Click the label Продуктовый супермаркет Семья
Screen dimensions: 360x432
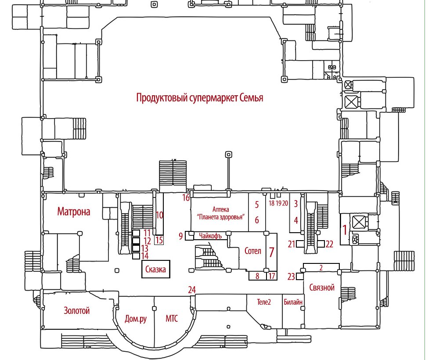[x=200, y=97]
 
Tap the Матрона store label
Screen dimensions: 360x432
[x=74, y=212]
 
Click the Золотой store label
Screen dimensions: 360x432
[x=77, y=311]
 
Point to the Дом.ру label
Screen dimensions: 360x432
[x=136, y=319]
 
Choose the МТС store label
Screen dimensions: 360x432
[x=172, y=319]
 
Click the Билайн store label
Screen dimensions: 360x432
[x=293, y=302]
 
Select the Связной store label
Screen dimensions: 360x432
[x=322, y=288]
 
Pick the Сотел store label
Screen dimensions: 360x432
[x=252, y=251]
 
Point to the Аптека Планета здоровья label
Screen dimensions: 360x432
[x=220, y=213]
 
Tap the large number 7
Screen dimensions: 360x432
[x=272, y=252]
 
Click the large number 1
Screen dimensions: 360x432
[x=345, y=229]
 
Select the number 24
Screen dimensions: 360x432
[x=191, y=290]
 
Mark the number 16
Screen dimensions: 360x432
[x=186, y=198]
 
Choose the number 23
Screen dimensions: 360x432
[x=291, y=277]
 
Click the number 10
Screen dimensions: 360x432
[x=159, y=215]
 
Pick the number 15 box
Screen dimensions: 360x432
[x=159, y=240]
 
